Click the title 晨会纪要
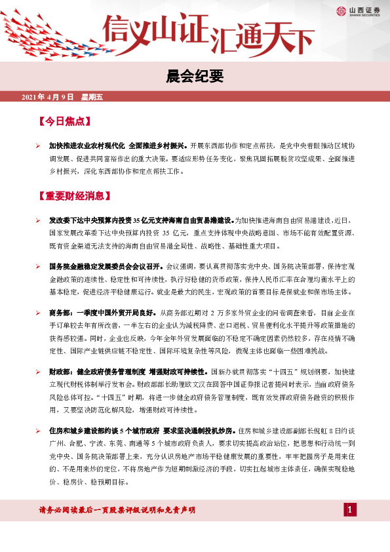pyautogui.click(x=195, y=77)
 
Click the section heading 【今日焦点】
pyautogui.click(x=64, y=122)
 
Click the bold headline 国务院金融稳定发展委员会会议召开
pyautogui.click(x=106, y=267)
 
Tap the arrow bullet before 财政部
pyautogui.click(x=39, y=372)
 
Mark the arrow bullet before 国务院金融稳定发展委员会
pyautogui.click(x=39, y=267)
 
